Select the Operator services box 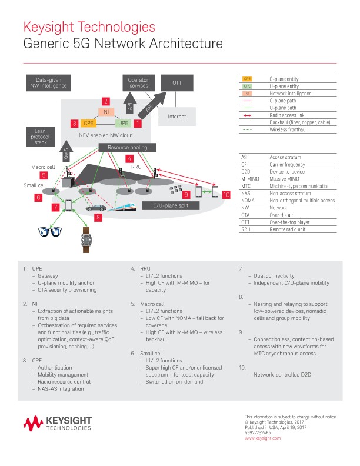click(138, 83)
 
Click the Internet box click(176, 116)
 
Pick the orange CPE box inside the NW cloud click(89, 124)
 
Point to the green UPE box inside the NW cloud click(124, 124)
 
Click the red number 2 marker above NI click(106, 101)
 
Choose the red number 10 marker click(226, 194)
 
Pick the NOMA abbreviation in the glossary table click(248, 201)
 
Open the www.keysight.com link click(262, 438)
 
